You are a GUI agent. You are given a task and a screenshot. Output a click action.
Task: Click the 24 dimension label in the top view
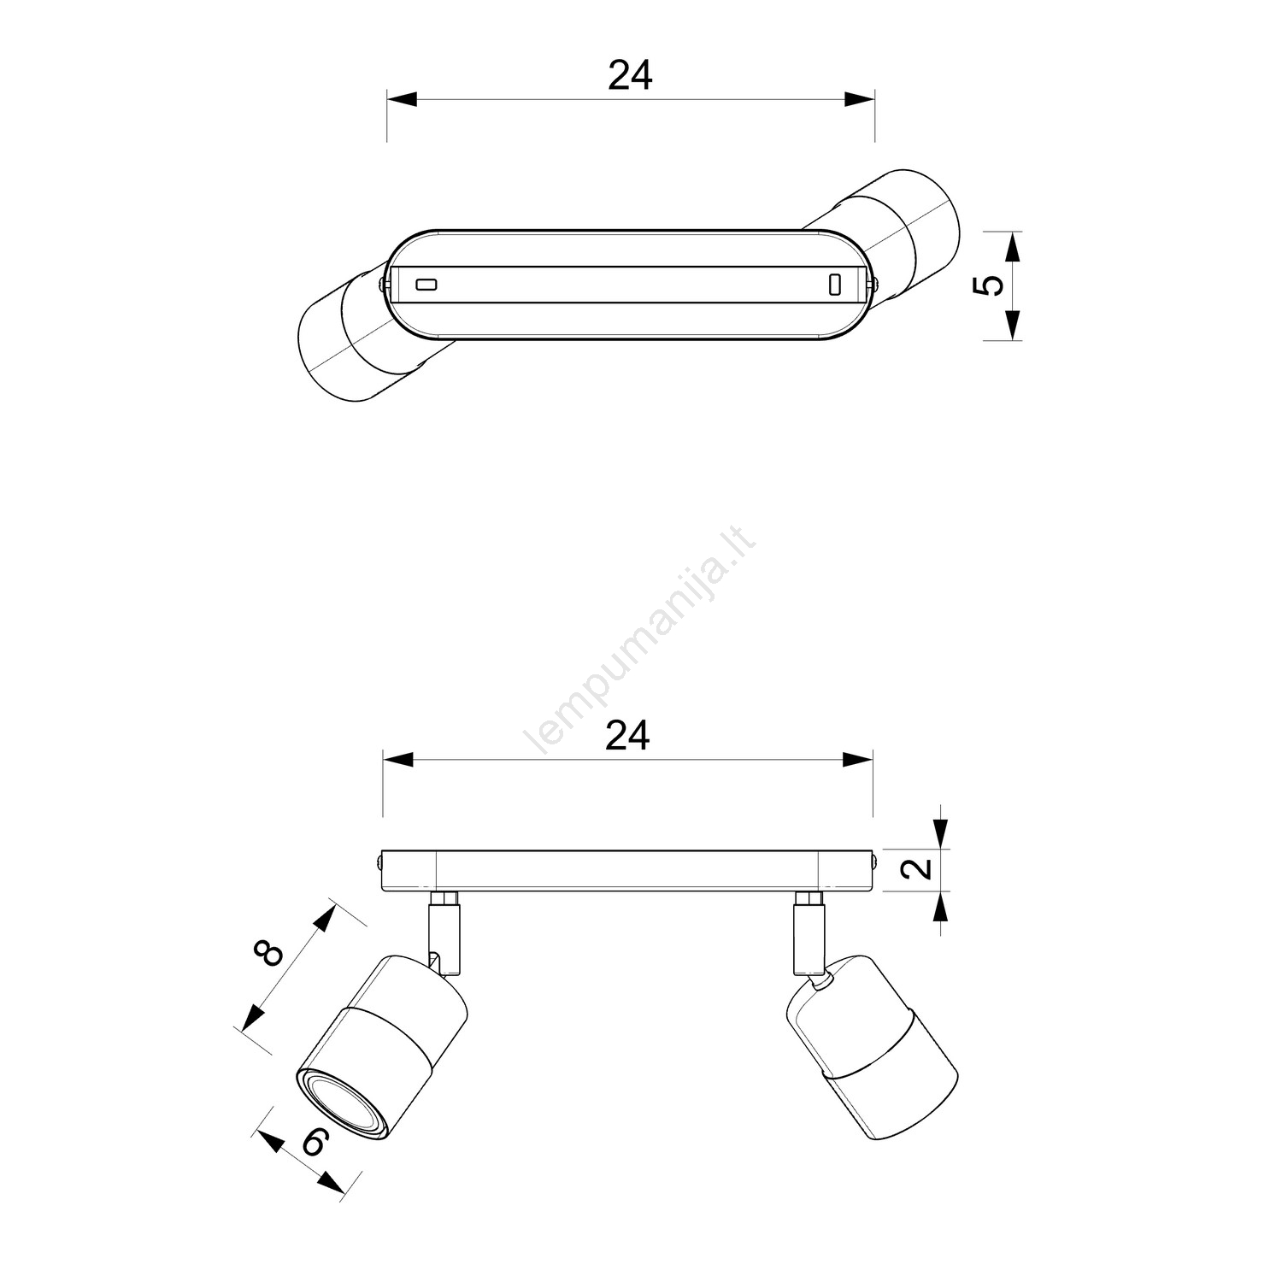(x=631, y=75)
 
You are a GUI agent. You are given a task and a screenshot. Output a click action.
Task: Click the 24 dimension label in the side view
(x=628, y=736)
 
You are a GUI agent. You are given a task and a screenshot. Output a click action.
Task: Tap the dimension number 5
(x=988, y=285)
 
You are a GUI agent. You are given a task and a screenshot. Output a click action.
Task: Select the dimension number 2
(x=916, y=869)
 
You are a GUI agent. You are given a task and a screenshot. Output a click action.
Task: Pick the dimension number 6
(x=315, y=1142)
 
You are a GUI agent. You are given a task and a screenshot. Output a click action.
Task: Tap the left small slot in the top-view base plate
(x=425, y=284)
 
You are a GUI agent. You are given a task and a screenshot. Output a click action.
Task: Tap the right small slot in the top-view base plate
(x=835, y=284)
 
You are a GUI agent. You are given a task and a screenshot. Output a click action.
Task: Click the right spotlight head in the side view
(x=872, y=1048)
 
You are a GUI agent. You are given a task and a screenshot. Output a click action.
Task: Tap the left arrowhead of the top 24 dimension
(x=402, y=99)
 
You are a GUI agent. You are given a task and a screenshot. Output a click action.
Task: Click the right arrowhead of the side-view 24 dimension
(x=858, y=760)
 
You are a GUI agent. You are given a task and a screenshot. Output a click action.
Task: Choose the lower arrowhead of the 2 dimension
(x=941, y=907)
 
